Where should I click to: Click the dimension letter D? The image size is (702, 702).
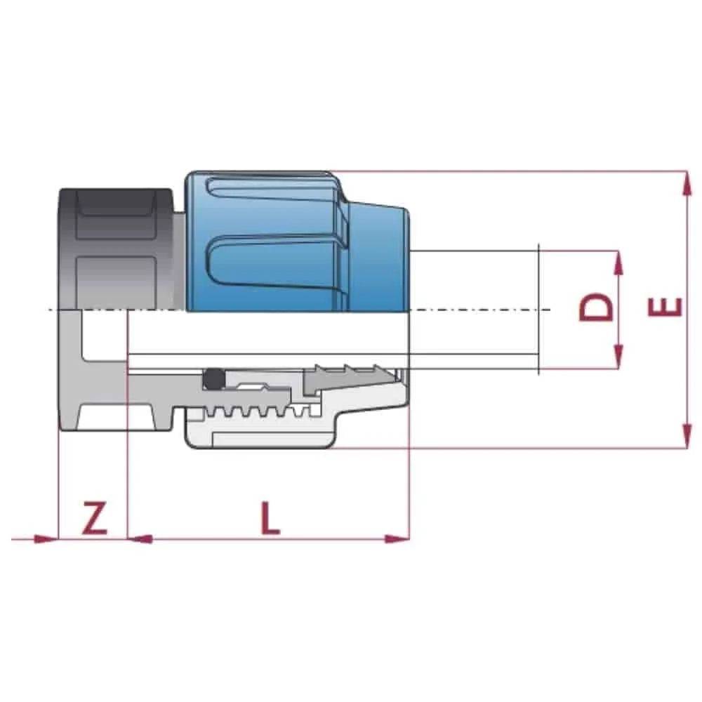click(x=596, y=307)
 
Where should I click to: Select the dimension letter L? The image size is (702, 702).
click(x=269, y=519)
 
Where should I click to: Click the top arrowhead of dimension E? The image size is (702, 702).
click(x=684, y=179)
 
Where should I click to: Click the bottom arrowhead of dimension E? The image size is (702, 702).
click(x=684, y=440)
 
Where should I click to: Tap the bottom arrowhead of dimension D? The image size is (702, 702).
click(x=618, y=359)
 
